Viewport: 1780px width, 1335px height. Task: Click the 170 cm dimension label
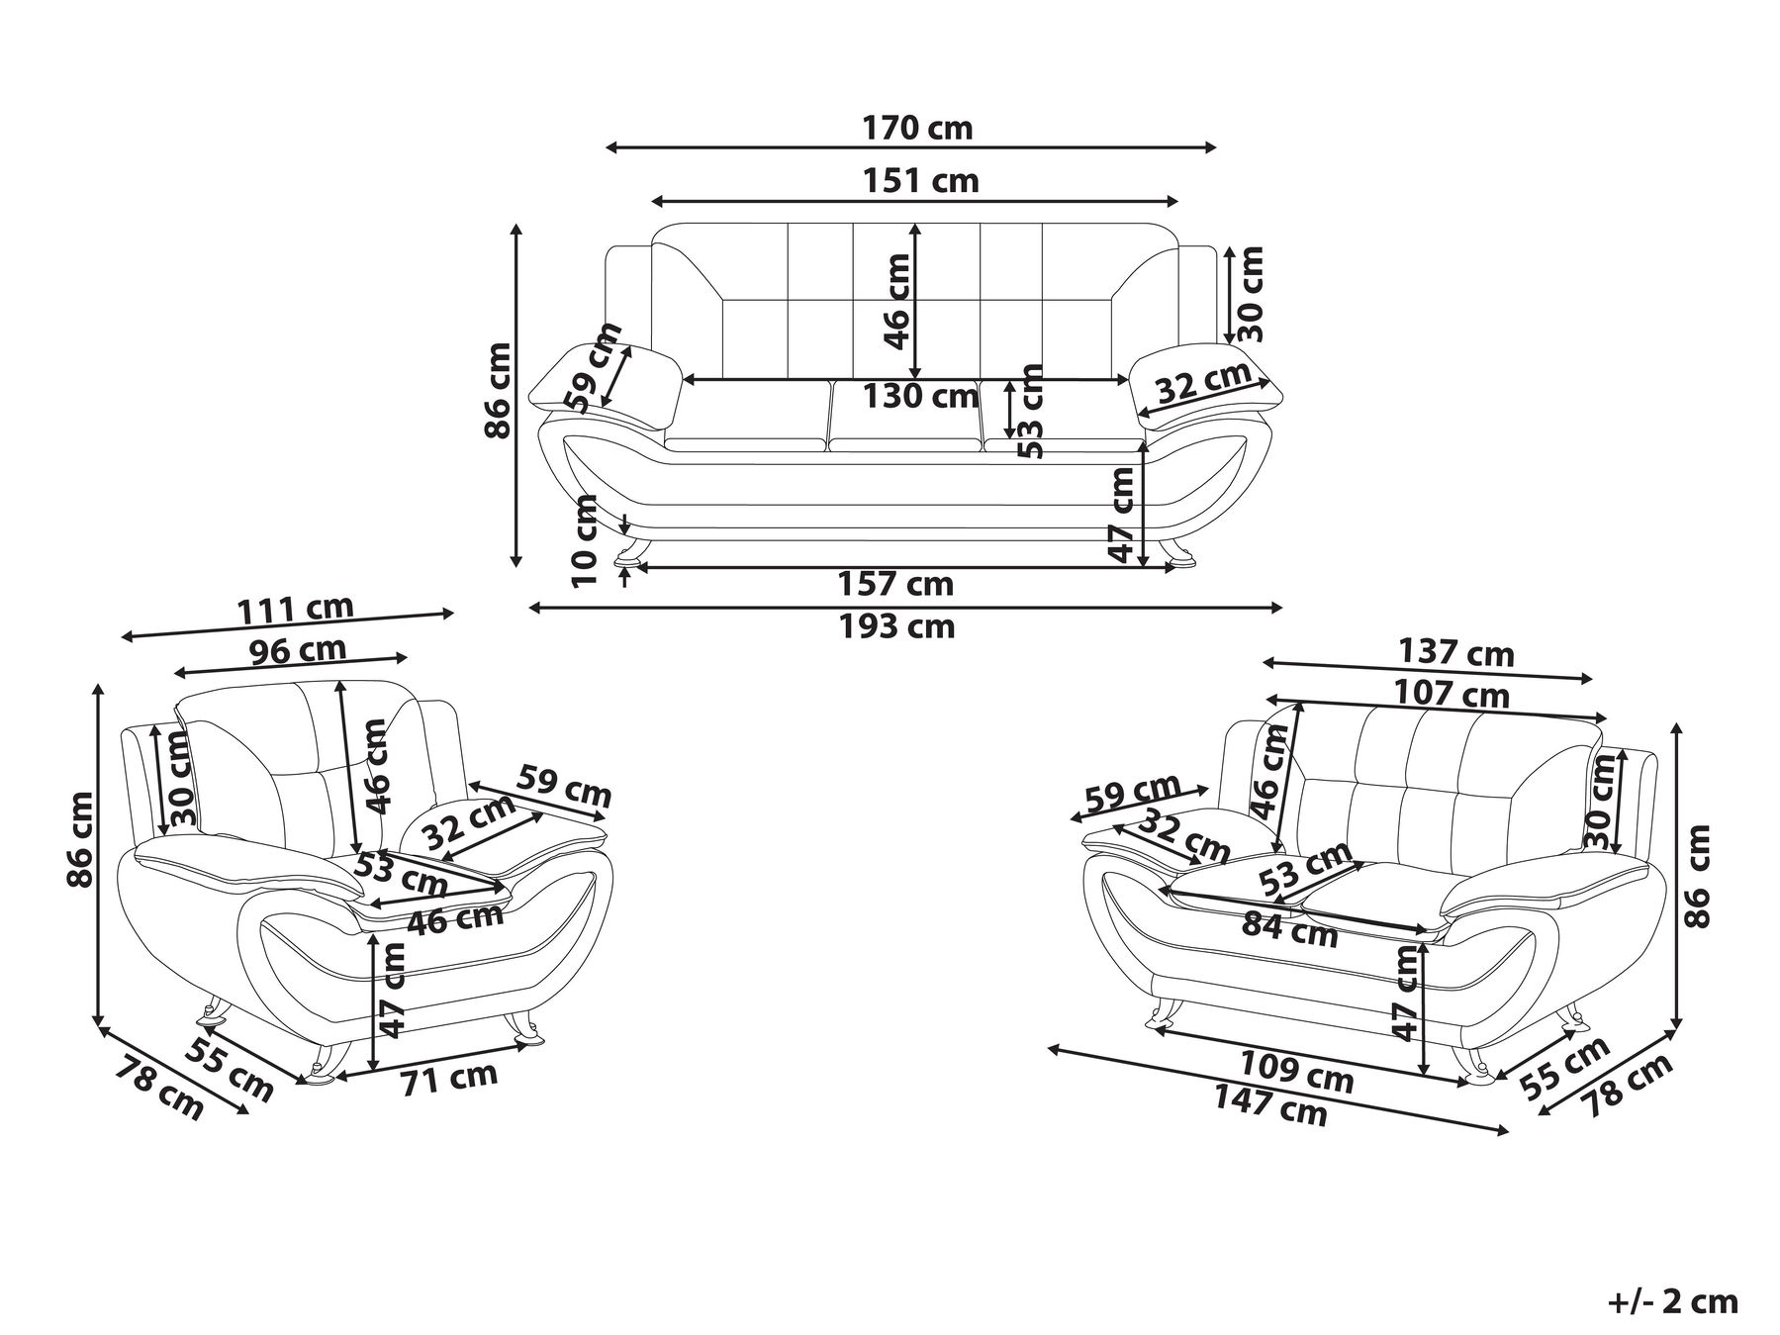(917, 129)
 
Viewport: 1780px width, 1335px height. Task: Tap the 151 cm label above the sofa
(921, 181)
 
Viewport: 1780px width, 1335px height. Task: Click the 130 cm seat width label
(921, 396)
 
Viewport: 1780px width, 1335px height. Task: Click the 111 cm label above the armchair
(295, 610)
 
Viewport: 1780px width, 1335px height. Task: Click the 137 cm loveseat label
(1456, 653)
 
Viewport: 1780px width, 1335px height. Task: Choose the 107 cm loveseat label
(1452, 693)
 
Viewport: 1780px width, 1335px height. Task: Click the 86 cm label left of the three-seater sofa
(498, 389)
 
